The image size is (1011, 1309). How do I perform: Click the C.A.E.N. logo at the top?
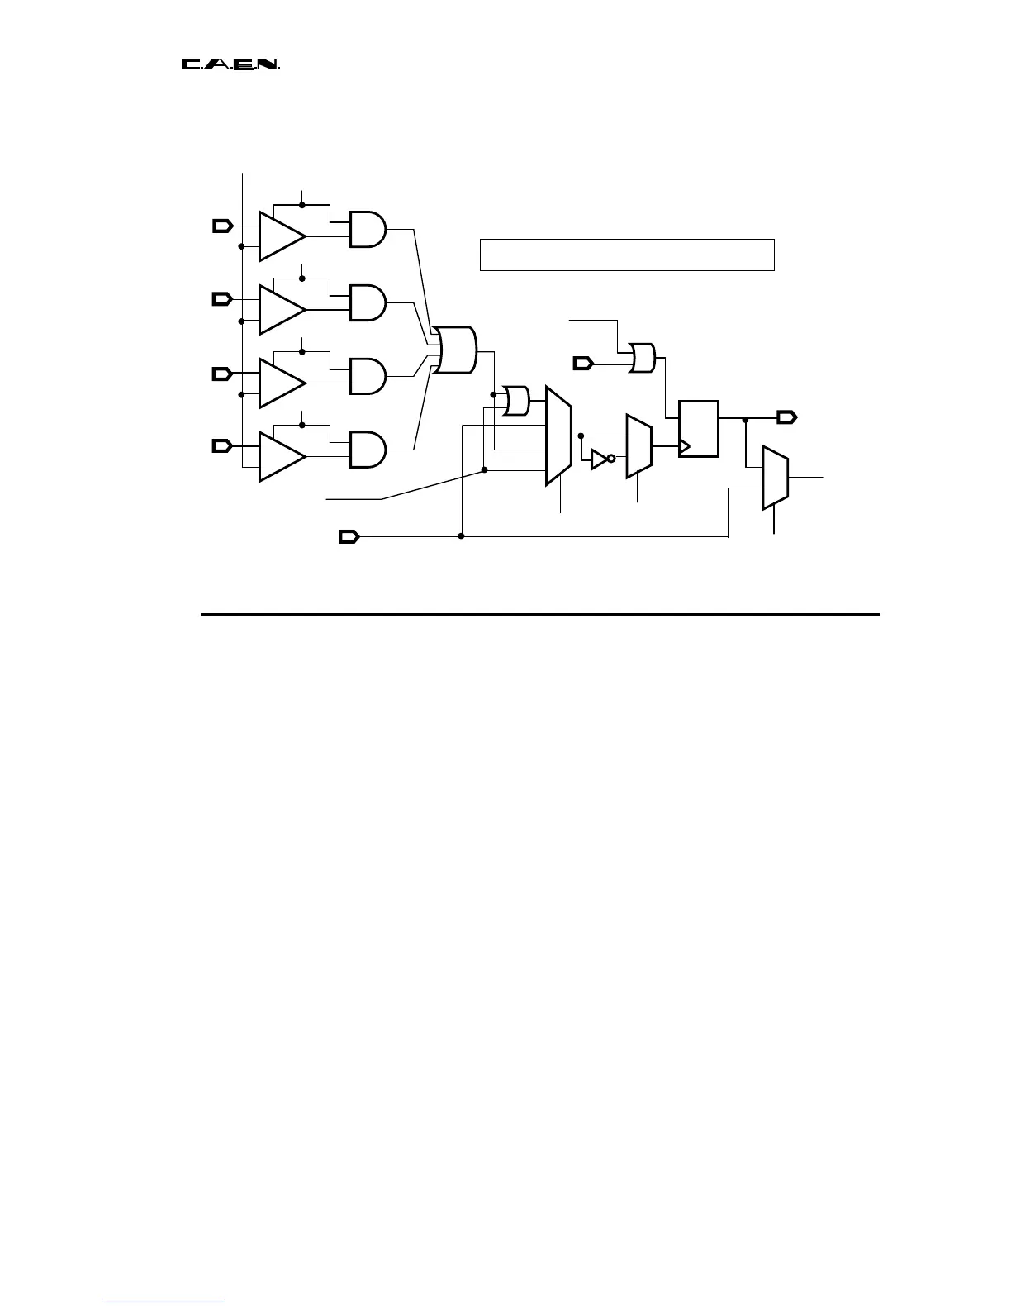pos(230,64)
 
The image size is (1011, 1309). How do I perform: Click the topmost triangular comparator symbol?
pos(280,236)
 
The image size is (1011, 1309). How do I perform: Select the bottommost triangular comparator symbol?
pos(280,456)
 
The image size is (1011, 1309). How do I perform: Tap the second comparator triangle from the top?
pos(280,310)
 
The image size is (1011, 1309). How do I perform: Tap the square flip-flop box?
pos(699,428)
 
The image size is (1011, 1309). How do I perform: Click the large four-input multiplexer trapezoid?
pos(558,435)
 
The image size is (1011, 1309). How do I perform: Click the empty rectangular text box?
pos(627,255)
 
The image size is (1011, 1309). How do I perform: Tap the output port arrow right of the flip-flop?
pos(786,416)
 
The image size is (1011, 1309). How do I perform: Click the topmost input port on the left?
pos(222,226)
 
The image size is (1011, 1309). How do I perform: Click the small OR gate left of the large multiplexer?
pos(517,400)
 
